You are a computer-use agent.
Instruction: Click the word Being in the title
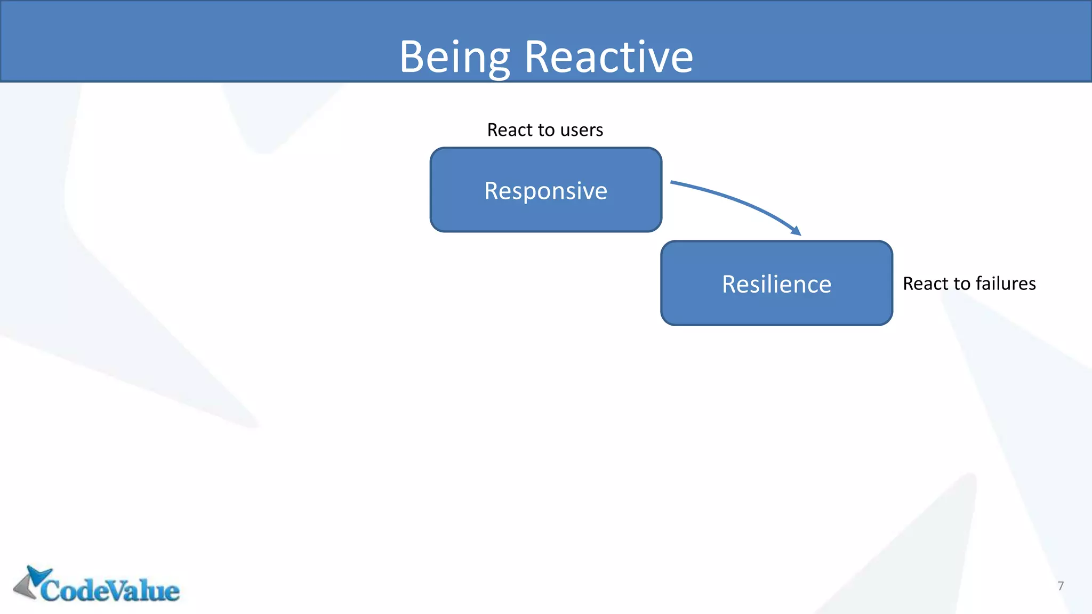454,58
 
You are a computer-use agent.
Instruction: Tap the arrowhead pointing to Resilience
797,231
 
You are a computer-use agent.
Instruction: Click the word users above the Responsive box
581,130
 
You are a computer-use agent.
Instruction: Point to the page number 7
1061,586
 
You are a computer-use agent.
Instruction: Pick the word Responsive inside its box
545,191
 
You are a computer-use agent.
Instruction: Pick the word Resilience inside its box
776,284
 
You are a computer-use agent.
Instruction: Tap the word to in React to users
545,130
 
